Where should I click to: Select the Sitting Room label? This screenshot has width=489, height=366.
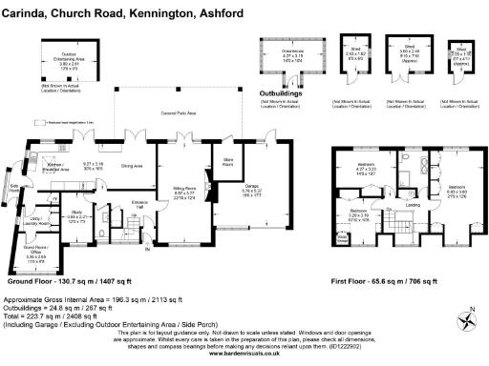(x=171, y=190)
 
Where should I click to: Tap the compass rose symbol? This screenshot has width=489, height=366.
(x=467, y=321)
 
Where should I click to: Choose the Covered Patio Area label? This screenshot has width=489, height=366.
(x=176, y=112)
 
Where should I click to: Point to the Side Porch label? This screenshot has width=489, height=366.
(x=11, y=187)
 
